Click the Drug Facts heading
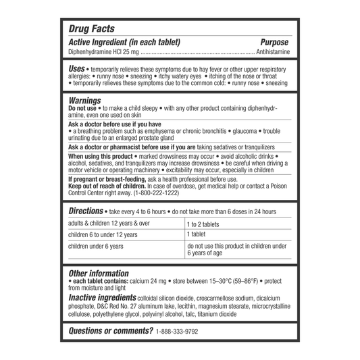[x=93, y=29]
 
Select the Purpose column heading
[x=275, y=42]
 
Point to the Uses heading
[x=76, y=69]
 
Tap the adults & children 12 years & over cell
[x=109, y=224]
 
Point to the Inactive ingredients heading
[x=101, y=298]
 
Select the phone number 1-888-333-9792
[x=178, y=332]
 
